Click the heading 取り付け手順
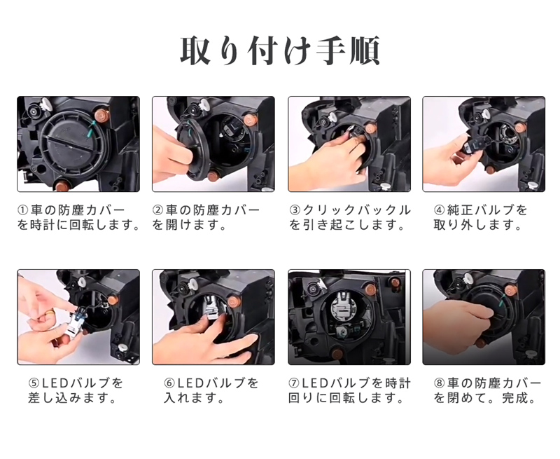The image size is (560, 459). [x=279, y=50]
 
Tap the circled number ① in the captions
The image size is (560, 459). [x=22, y=210]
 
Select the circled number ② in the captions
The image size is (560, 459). [x=157, y=210]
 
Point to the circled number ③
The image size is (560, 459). [x=295, y=210]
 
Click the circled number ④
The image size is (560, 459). [x=439, y=210]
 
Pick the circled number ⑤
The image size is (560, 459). [x=34, y=383]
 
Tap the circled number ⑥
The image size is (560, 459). [x=169, y=383]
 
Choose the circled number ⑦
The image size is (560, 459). [x=293, y=383]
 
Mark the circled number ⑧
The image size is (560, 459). [x=439, y=383]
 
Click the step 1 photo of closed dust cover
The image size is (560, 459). [x=78, y=144]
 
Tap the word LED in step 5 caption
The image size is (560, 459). [x=55, y=383]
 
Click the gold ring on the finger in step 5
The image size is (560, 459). [x=51, y=313]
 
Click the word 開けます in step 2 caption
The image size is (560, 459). [x=193, y=225]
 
